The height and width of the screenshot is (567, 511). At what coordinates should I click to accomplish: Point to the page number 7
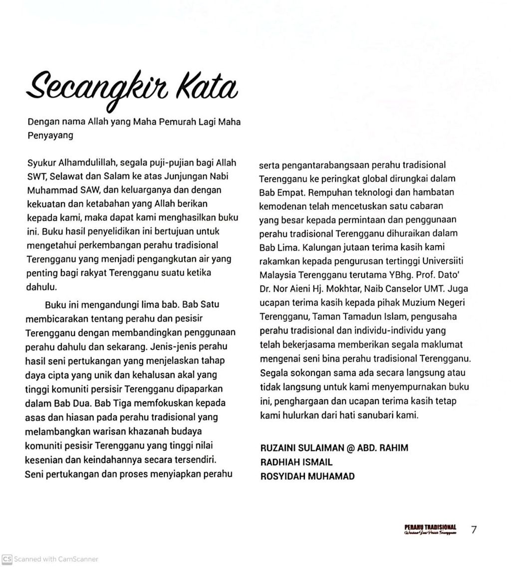[x=474, y=530]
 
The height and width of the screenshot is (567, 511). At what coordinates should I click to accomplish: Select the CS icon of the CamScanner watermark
[x=6, y=559]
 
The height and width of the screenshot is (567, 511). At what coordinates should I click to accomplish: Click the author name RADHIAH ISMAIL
[x=296, y=462]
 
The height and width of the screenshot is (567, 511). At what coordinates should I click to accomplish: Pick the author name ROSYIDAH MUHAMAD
[x=307, y=476]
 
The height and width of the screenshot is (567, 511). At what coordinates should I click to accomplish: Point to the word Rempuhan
[x=330, y=192]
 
